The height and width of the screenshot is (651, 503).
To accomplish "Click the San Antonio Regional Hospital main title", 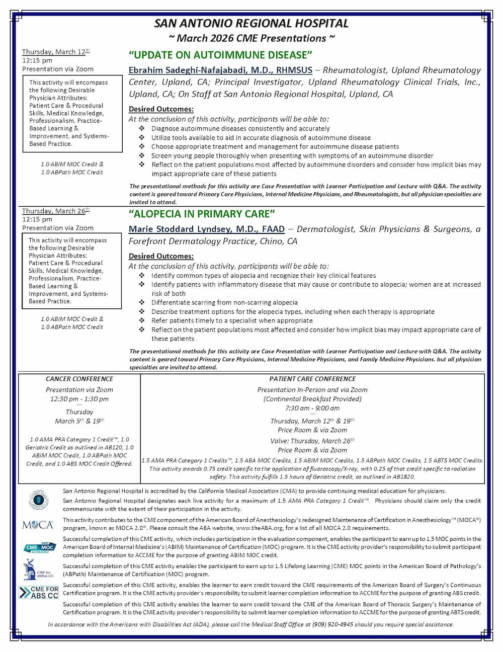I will pyautogui.click(x=251, y=23).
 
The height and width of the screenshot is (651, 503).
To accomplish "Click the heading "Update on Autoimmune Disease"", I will pyautogui.click(x=221, y=55).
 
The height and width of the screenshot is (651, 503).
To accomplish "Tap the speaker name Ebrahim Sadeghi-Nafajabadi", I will pyautogui.click(x=220, y=70).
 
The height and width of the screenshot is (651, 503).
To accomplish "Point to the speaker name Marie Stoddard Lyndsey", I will pyautogui.click(x=206, y=229).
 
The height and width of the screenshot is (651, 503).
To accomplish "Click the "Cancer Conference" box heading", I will pyautogui.click(x=79, y=379).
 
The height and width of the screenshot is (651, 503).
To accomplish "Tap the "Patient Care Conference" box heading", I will pyautogui.click(x=312, y=379).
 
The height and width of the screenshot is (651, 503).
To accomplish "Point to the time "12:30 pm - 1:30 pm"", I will pyautogui.click(x=79, y=399).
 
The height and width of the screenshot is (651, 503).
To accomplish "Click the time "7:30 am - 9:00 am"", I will pyautogui.click(x=312, y=408).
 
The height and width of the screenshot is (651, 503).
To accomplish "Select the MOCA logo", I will pyautogui.click(x=38, y=525).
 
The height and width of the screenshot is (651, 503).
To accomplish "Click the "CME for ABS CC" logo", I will pyautogui.click(x=39, y=593).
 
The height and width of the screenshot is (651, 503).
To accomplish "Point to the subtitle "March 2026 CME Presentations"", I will pyautogui.click(x=251, y=38).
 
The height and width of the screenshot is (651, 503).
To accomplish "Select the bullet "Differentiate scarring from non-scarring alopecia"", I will pyautogui.click(x=224, y=302).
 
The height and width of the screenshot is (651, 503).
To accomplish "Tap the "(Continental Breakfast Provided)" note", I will pyautogui.click(x=312, y=399).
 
